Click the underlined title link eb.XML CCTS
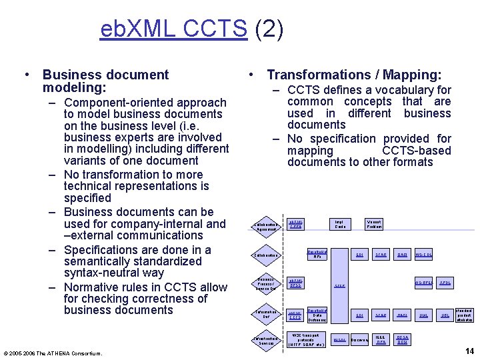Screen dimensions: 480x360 point(173,29)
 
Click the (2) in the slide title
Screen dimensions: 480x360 point(268,29)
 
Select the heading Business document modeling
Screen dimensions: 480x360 point(105,81)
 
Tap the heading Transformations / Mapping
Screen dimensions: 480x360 point(353,75)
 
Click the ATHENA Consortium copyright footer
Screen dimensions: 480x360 point(53,353)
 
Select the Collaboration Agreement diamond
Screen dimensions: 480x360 point(266,227)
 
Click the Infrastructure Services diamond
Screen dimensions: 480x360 point(266,341)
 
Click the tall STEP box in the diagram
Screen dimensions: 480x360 point(339,285)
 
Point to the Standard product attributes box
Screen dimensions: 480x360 point(464,315)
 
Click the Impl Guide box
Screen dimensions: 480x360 point(340,225)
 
